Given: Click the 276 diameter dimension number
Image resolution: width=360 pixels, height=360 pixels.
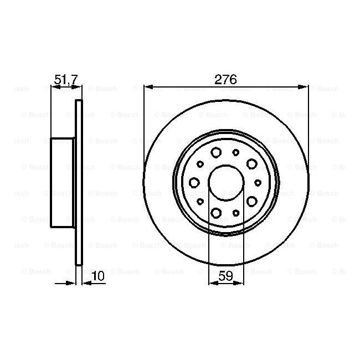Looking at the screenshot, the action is coord(225,79).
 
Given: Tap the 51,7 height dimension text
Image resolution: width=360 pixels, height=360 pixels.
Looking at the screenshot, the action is coord(66,79).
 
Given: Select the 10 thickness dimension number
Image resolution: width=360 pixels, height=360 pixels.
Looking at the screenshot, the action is coord(98,276).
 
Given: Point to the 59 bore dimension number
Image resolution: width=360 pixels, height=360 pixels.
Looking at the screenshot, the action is coord(225,276).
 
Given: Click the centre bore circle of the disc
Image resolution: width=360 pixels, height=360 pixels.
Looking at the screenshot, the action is coord(208,183).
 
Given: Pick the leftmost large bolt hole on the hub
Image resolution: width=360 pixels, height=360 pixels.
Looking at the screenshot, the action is coord(194,183).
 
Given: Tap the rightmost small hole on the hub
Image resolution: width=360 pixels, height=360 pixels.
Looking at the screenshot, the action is coord(258,183).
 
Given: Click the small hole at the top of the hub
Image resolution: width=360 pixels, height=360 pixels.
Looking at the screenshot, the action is coord(236,152).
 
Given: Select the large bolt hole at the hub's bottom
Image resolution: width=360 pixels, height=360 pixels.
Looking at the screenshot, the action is coord(216,213).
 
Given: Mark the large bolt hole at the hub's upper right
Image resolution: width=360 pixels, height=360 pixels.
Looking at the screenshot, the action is coord(252,164).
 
